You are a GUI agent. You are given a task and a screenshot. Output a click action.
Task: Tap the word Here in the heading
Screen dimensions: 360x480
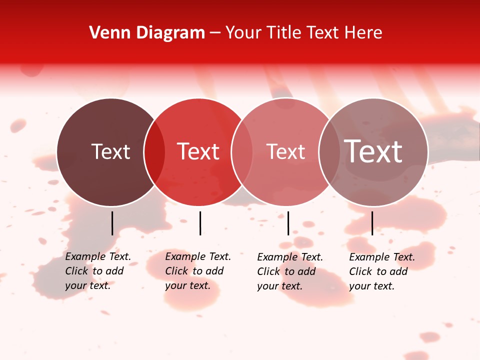point(363,33)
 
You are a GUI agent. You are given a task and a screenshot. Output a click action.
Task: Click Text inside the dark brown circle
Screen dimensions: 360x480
point(110,151)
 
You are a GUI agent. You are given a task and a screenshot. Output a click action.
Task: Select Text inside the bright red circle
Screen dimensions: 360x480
point(198,151)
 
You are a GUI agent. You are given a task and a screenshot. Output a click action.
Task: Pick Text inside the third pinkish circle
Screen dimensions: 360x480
point(285,151)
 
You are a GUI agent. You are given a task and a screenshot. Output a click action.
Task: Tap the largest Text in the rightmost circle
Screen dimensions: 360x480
point(373,151)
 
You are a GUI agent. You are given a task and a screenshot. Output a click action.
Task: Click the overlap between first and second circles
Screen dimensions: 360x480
point(154,152)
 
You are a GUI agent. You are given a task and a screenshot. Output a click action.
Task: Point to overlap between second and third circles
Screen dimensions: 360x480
point(242,152)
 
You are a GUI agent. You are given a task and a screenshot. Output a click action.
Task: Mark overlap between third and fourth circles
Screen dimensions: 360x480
point(329,152)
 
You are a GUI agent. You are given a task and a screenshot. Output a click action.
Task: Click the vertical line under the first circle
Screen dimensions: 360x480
point(112,223)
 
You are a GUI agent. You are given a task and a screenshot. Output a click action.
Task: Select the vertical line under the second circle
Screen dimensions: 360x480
point(200,223)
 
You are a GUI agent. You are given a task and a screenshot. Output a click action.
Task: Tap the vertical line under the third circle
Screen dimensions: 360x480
point(288,223)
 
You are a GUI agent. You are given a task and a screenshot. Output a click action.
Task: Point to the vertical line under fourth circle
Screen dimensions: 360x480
point(372,223)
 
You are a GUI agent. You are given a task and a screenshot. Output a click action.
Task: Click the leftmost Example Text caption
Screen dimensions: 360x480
point(97,271)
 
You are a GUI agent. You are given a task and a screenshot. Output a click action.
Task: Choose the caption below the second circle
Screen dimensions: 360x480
point(197,271)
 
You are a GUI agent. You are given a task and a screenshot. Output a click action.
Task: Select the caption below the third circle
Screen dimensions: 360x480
point(289,271)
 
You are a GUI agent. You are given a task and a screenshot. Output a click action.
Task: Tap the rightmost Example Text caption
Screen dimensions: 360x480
point(381,271)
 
